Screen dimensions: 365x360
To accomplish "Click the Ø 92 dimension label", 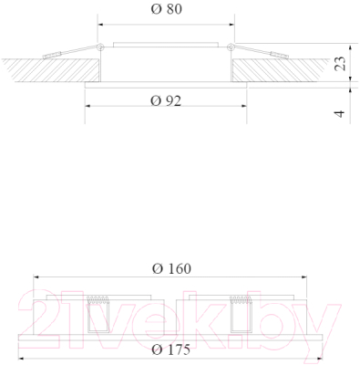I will point(164,101).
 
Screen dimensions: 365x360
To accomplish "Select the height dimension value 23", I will point(338,63).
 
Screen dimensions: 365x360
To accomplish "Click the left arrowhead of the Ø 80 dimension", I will point(98,26).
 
